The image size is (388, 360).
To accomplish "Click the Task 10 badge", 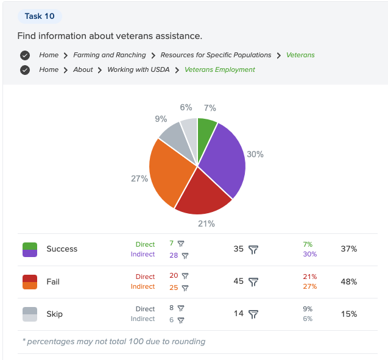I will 40,16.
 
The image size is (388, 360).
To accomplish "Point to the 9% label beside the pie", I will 161,119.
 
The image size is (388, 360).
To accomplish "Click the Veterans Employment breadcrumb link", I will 220,69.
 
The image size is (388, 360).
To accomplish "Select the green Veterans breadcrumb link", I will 300,55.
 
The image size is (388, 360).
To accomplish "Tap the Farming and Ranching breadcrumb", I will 110,55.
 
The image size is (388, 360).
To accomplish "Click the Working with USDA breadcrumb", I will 137,69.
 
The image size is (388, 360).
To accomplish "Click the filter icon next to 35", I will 254,249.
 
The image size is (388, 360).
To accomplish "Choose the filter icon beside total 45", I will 254,282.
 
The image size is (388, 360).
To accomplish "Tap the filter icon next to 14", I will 254,314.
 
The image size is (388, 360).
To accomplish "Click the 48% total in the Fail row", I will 349,282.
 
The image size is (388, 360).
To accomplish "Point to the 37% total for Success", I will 349,249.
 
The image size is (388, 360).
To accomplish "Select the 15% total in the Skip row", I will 349,314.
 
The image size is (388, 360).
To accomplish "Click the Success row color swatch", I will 30,249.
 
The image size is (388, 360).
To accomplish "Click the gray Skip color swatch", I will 30,314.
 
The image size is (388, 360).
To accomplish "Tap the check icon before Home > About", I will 25,69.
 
